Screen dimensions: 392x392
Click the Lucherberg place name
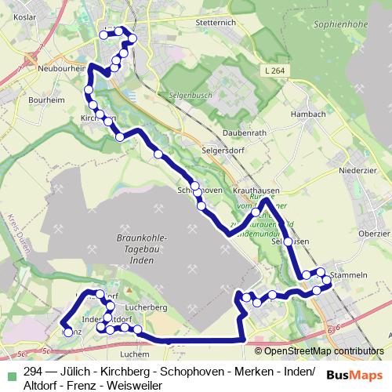pyautogui.click(x=147, y=308)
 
